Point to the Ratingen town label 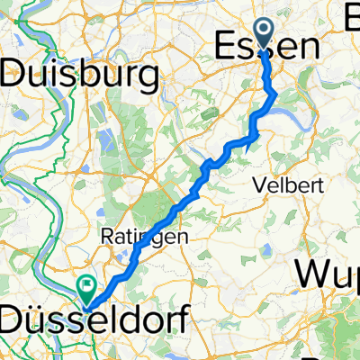(131, 238)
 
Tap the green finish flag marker (88, 289)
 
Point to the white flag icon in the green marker (88, 287)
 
